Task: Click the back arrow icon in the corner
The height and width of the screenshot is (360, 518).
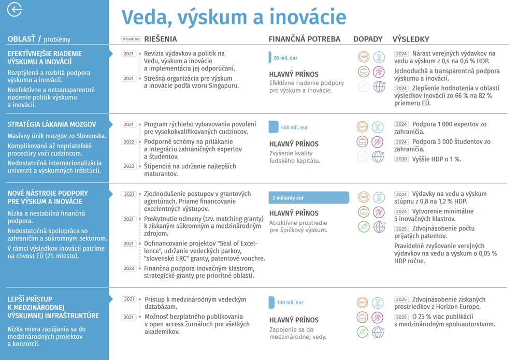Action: click(15, 10)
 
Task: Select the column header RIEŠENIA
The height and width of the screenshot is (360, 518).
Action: click(161, 39)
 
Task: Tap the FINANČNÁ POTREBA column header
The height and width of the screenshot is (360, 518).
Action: click(305, 39)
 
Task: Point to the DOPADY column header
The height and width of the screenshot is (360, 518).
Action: click(368, 39)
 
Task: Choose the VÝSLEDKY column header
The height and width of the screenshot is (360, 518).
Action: click(411, 39)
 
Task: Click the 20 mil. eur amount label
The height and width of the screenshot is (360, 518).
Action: click(285, 58)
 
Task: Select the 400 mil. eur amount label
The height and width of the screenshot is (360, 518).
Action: click(294, 127)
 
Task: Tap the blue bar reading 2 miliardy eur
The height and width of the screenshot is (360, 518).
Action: click(309, 198)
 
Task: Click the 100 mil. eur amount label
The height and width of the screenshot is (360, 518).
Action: click(290, 303)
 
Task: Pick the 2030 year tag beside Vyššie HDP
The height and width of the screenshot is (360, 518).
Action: click(401, 159)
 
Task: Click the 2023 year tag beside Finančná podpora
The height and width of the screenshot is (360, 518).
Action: click(129, 268)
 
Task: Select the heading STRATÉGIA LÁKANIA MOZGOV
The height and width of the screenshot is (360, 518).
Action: click(52, 124)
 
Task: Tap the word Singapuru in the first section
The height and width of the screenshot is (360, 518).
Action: click(223, 85)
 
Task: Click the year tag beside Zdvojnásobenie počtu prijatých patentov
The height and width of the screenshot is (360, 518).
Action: click(401, 229)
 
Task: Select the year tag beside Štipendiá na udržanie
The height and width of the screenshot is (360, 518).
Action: click(129, 166)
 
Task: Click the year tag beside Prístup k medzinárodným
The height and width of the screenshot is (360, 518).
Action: click(129, 299)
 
